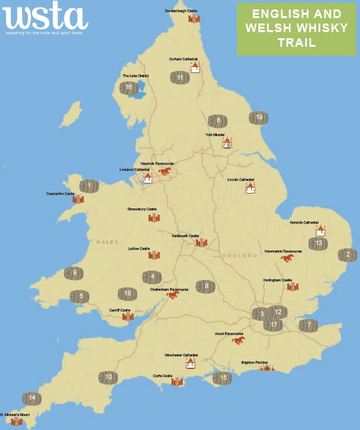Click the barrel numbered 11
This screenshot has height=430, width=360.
point(180,78)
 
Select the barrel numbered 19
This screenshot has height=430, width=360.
point(259,118)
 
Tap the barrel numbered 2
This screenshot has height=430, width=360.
point(347,255)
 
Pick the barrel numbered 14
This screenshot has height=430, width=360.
point(31,399)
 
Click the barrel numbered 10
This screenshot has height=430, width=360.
point(108,378)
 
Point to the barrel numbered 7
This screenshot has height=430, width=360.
point(308,326)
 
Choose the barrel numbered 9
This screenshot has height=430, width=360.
point(74,273)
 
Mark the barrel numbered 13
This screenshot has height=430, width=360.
point(319,244)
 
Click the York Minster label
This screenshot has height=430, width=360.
point(215,135)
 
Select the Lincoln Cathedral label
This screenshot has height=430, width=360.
point(242,180)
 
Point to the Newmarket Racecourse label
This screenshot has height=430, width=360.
point(283,251)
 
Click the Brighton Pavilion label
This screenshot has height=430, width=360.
point(255,362)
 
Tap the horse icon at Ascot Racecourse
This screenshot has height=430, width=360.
point(238,340)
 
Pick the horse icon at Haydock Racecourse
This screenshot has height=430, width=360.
point(165,171)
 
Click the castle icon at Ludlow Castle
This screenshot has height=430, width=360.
point(154,255)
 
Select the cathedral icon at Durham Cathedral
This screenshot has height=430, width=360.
point(195,67)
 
